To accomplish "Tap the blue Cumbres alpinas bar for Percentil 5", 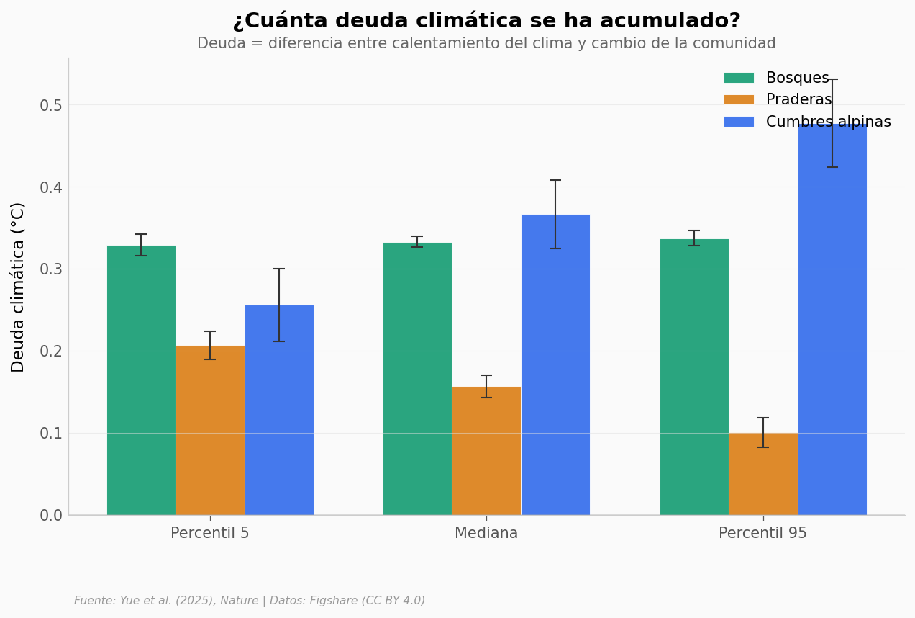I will pos(279,410).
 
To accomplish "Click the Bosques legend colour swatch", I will pos(739,78).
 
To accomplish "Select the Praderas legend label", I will pos(798,100).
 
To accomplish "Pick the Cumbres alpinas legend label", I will pos(828,122).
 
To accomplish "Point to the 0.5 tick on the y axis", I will pos(50,106).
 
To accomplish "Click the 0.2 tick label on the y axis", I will pos(50,351).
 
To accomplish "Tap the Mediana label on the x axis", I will pos(486,534).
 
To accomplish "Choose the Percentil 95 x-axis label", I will pos(762,534).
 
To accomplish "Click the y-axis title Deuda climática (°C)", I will pos(18,287).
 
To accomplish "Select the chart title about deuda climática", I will pos(486,21).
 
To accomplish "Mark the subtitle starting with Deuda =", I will pos(486,44).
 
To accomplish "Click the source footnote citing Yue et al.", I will pos(250,601).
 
